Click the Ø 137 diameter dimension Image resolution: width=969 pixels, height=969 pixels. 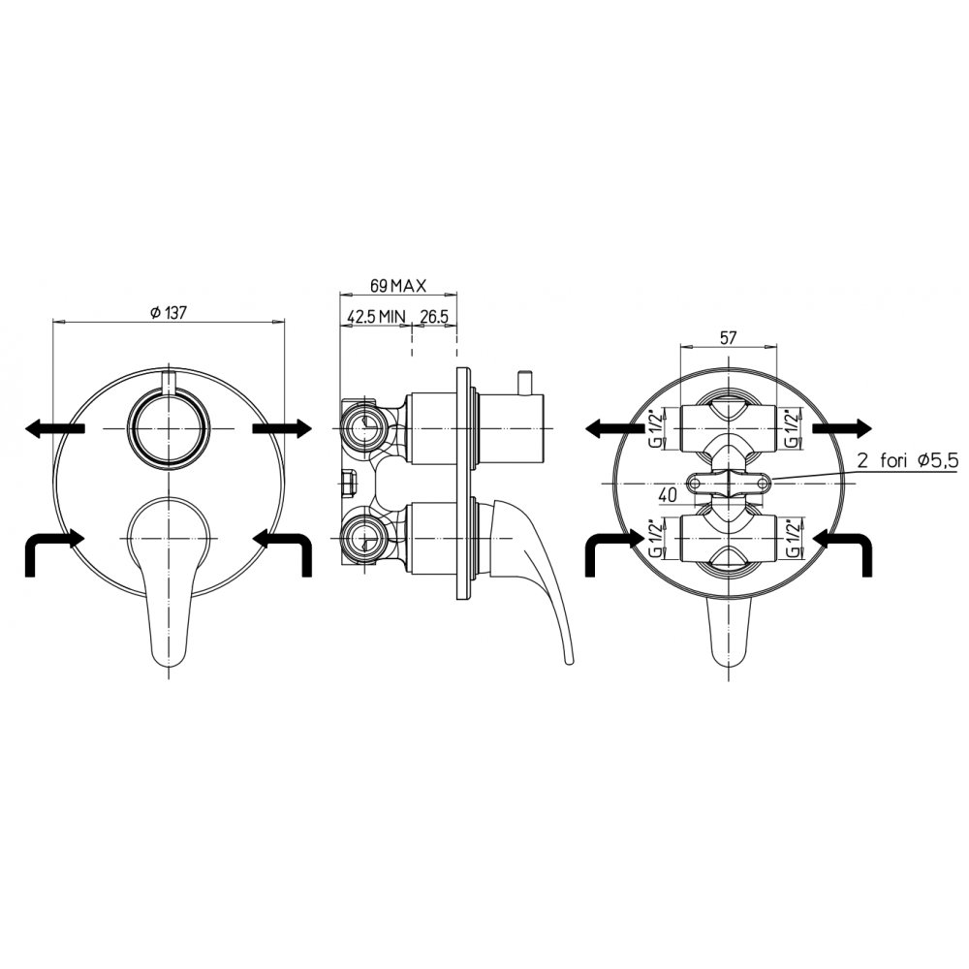click(x=168, y=313)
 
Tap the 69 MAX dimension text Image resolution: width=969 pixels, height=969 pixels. click(x=398, y=286)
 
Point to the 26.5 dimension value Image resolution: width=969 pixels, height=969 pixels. click(x=434, y=317)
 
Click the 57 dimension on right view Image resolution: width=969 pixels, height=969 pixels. click(x=729, y=338)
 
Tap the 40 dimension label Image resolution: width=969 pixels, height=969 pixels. click(x=668, y=494)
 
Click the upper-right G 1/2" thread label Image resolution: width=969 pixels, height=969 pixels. click(x=794, y=427)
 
